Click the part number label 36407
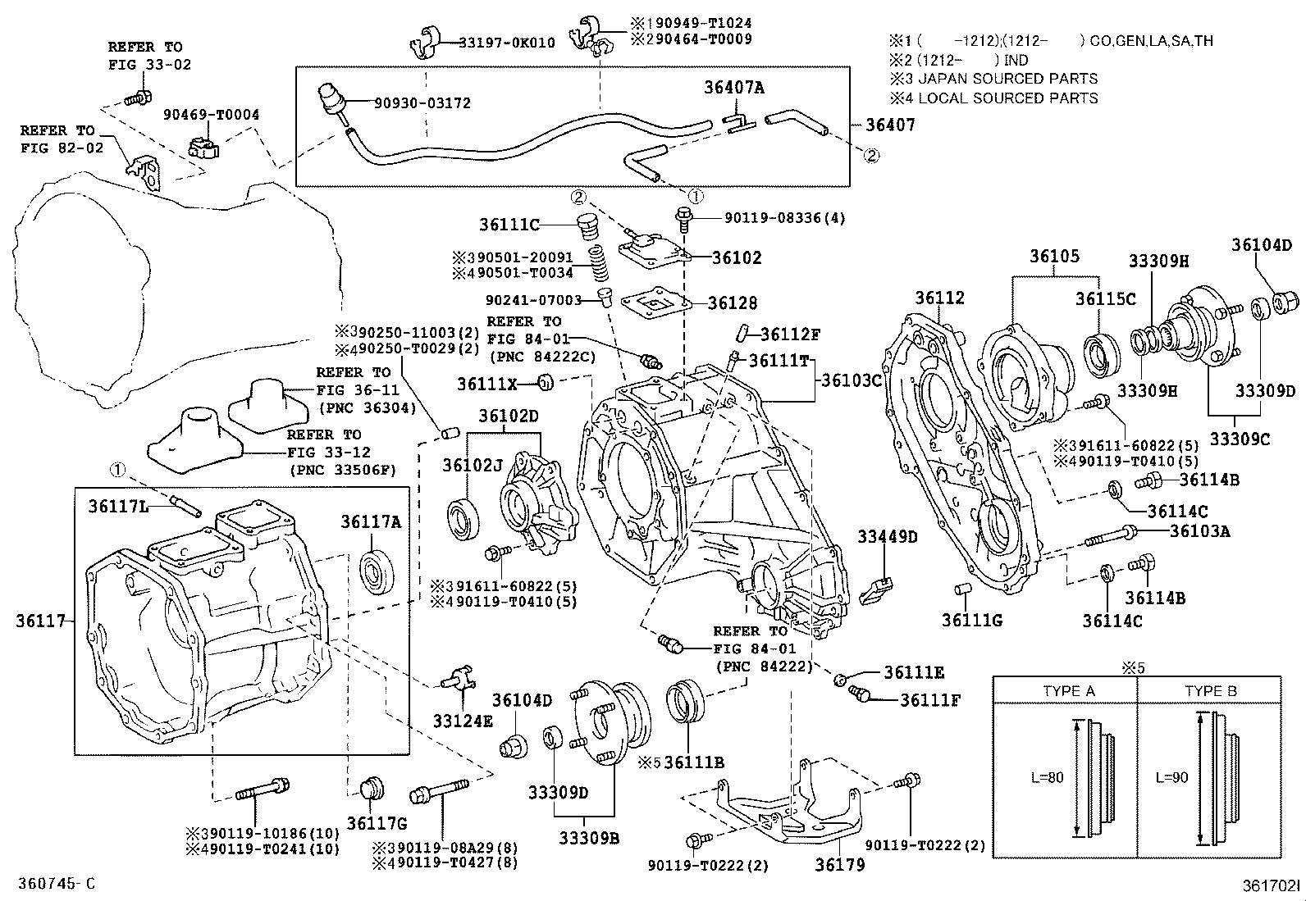point(890,125)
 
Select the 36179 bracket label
point(839,864)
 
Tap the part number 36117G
point(377,823)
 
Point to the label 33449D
point(888,537)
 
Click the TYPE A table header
point(1069,691)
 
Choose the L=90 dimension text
point(1172,777)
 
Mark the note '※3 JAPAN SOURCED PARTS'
point(993,79)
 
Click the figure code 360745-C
point(57,884)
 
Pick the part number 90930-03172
point(422,103)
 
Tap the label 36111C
point(509,225)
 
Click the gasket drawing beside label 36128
point(656,303)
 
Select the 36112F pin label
point(790,334)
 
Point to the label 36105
point(1055,256)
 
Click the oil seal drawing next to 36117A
point(377,571)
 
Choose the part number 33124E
point(463,721)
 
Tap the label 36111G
point(972,621)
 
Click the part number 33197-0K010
point(507,43)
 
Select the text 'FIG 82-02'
point(62,148)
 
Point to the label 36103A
point(1200,531)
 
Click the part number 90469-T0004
point(211,115)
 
